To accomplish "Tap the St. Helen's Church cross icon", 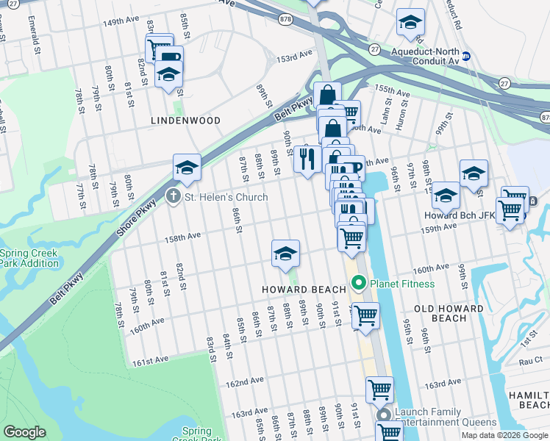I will [173, 196].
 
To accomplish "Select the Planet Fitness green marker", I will [360, 283].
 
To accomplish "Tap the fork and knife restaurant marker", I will [307, 158].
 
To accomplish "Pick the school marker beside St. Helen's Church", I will [187, 168].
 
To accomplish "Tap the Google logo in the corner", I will [25, 432].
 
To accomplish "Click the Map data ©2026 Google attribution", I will [504, 435].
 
